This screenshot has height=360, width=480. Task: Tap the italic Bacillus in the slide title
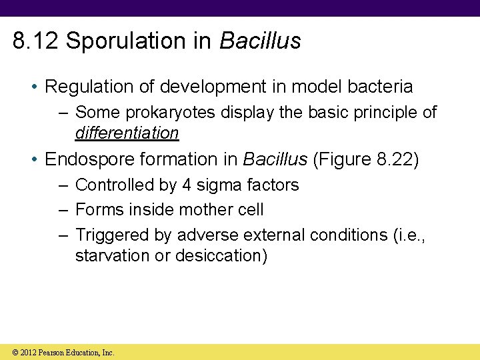pos(260,41)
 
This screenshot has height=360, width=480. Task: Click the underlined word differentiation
pos(127,133)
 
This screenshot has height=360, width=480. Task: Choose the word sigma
pos(218,185)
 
